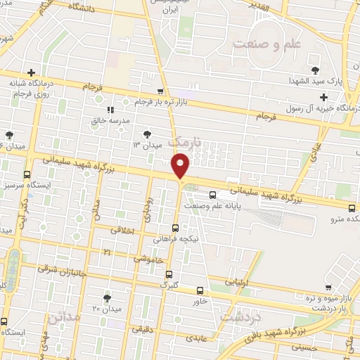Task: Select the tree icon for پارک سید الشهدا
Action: (314, 70)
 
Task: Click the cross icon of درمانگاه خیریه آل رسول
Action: (323, 97)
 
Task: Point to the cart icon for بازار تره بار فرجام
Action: (161, 91)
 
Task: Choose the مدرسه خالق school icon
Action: (110, 110)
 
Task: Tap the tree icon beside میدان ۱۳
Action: (146, 134)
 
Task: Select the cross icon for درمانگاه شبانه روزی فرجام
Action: (31, 72)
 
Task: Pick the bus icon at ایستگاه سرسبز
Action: (27, 174)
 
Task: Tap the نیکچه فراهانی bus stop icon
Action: (175, 228)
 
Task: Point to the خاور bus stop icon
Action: (200, 290)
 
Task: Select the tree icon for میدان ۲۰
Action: (107, 298)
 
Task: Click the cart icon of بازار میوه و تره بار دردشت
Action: (328, 287)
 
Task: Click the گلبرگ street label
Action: (169, 286)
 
